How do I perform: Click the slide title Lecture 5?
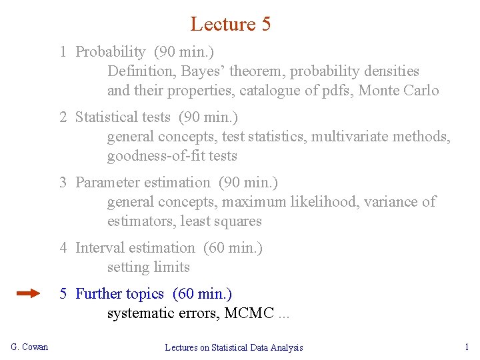click(230, 24)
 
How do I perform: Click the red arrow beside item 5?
click(29, 293)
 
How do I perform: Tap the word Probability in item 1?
click(111, 51)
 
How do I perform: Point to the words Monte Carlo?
click(399, 90)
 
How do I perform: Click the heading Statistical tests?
click(123, 117)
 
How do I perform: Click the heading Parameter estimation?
click(142, 182)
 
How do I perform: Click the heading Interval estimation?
click(135, 247)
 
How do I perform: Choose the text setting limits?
click(149, 267)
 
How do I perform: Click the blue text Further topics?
click(119, 293)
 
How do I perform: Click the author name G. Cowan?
click(30, 347)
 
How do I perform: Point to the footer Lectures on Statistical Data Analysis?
click(234, 347)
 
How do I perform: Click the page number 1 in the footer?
click(467, 347)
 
